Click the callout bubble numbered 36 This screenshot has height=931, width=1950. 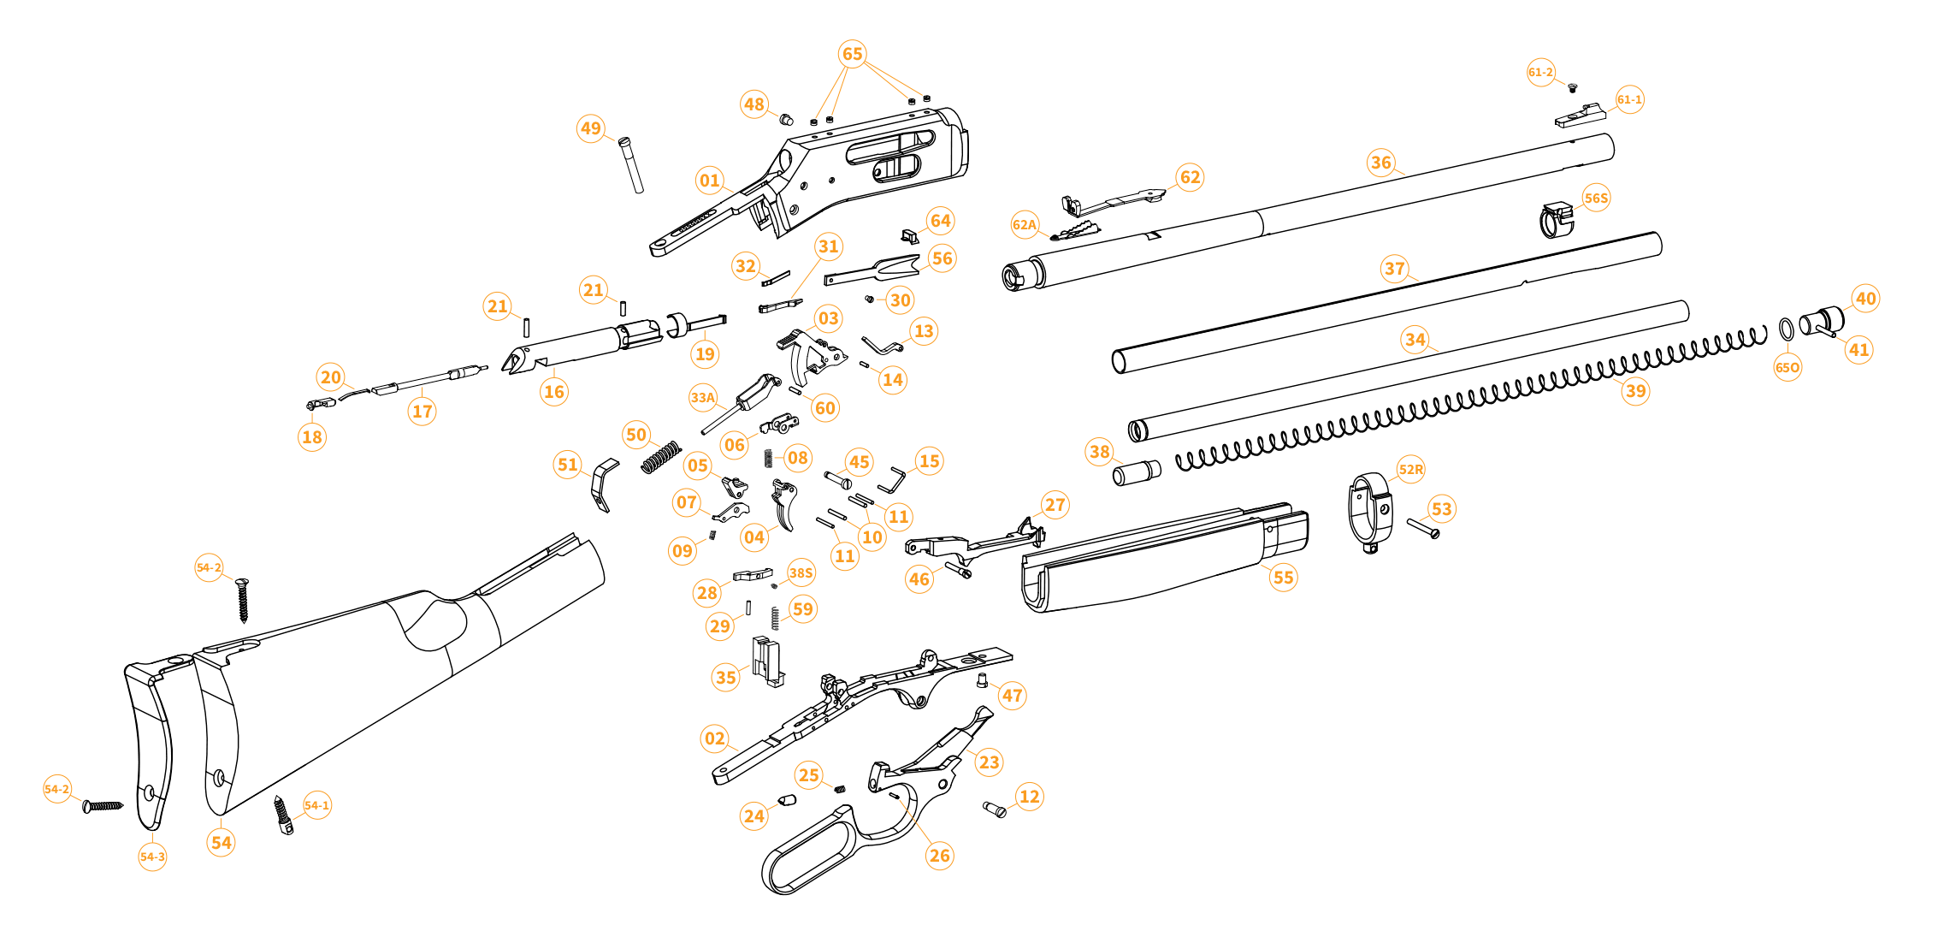pos(1381,163)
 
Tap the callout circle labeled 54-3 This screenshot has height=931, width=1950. pos(153,857)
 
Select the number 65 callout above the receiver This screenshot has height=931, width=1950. pos(853,54)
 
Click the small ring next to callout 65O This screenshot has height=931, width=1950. pos(1787,329)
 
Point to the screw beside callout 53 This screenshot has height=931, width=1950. pos(1423,528)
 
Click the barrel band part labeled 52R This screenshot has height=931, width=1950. pos(1371,512)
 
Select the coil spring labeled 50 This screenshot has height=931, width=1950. pos(662,457)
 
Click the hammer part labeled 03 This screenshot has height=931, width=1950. pos(807,356)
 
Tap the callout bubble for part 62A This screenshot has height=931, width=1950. pos(1025,225)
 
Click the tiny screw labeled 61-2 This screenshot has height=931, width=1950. pos(1572,87)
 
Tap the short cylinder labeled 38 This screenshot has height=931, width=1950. pos(1137,472)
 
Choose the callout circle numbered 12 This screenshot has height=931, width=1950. pos(1030,797)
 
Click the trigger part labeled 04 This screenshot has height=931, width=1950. pos(783,506)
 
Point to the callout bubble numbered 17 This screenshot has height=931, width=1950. pos(422,412)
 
